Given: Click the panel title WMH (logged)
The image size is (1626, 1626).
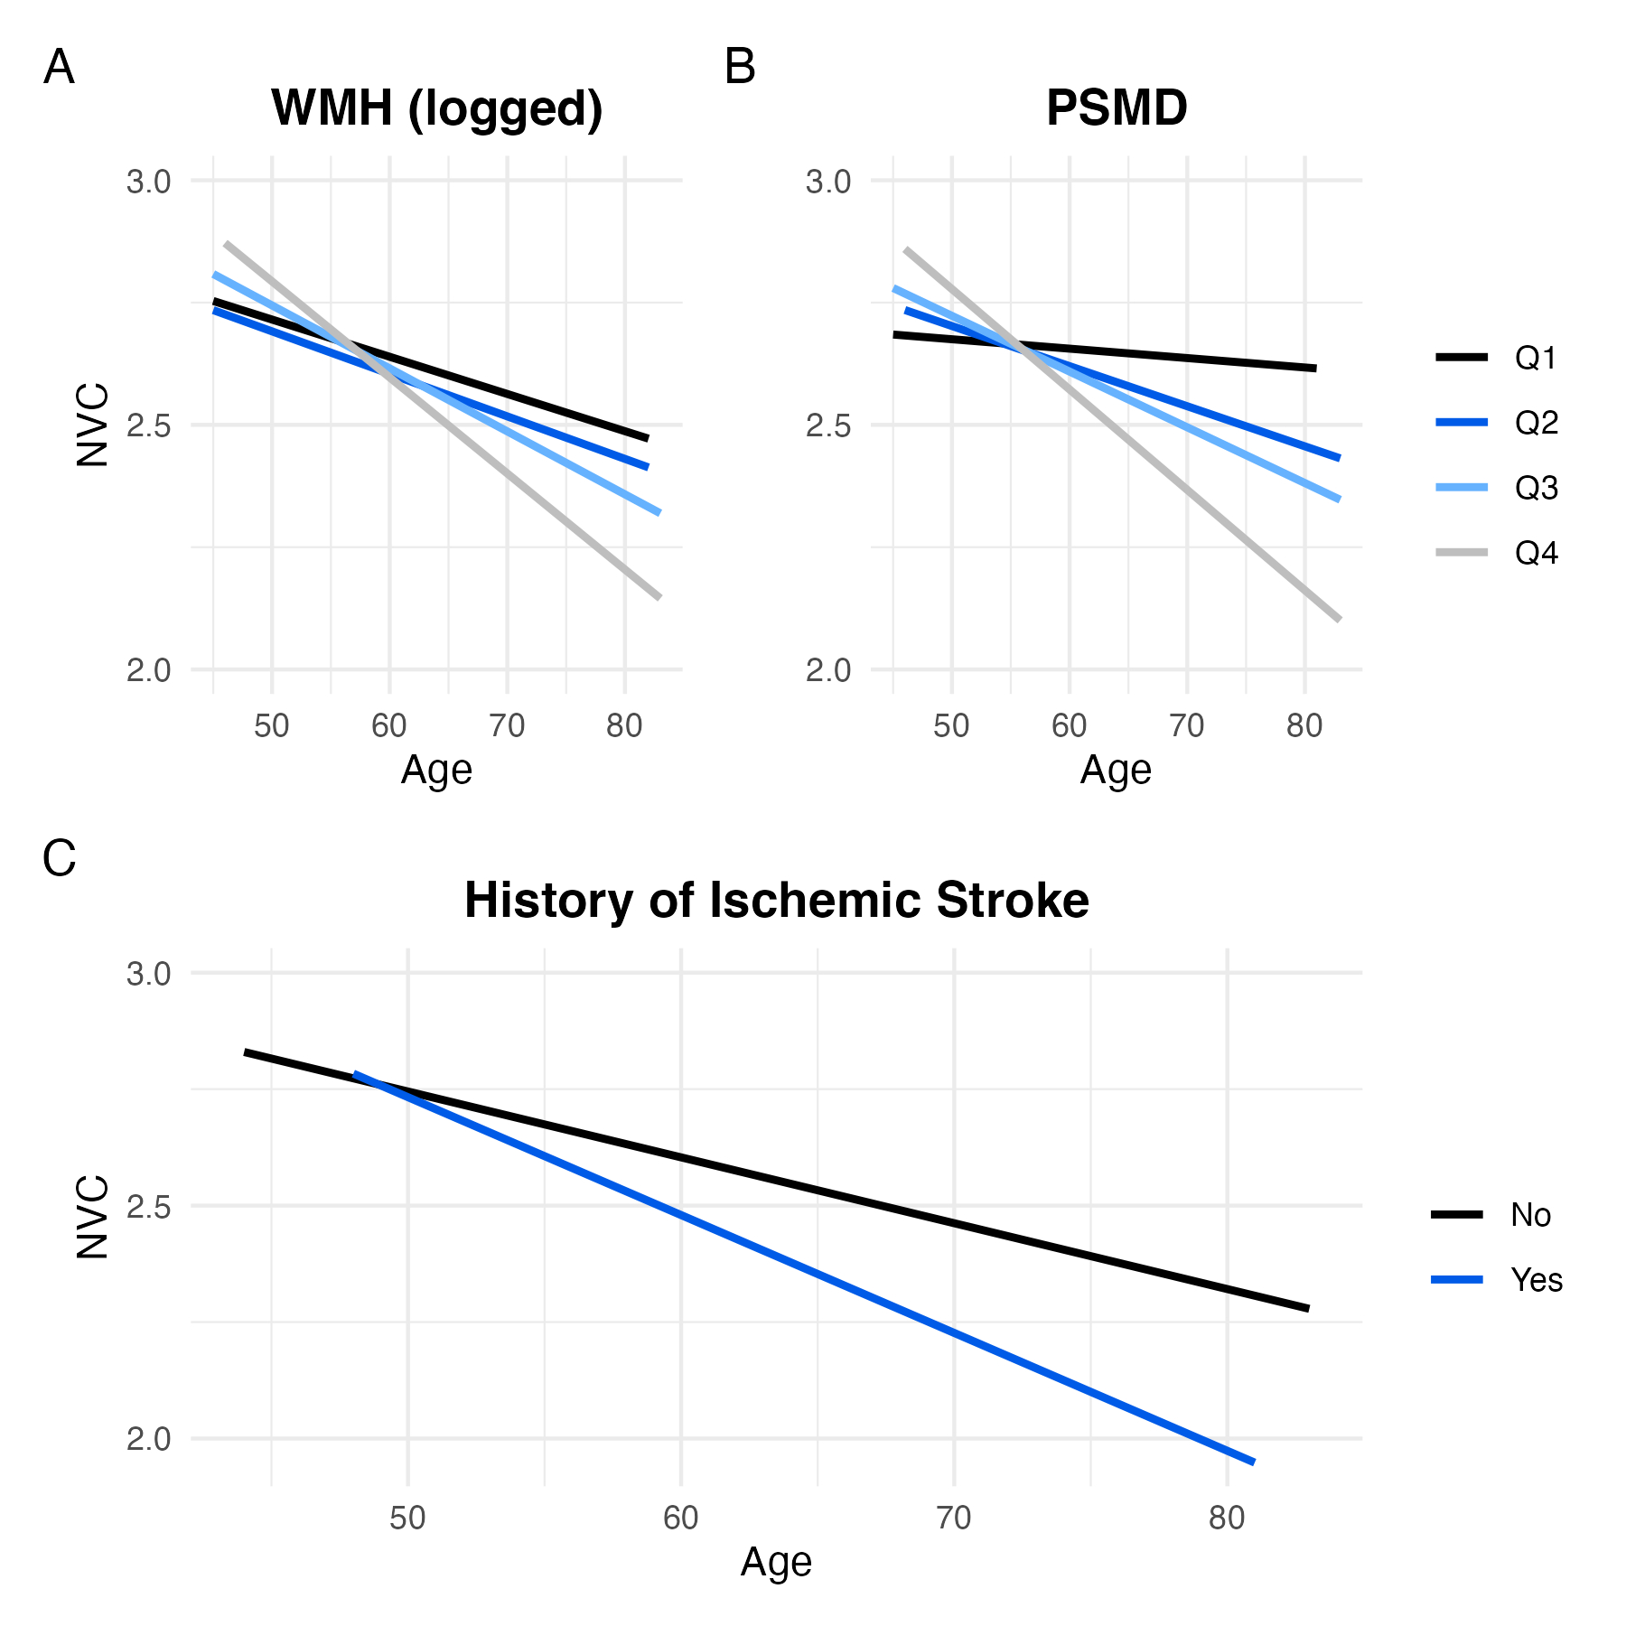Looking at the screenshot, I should pos(436,108).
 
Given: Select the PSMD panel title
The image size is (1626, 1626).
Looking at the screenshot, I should pos(1117,108).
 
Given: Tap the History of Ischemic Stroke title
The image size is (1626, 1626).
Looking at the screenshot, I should pos(776,901).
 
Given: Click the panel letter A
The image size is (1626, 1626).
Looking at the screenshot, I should pos(59,68).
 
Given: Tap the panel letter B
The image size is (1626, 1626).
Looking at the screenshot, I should pos(740,68).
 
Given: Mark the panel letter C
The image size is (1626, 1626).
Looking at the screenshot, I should pos(59,859).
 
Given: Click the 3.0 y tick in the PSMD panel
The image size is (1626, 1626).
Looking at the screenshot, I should pos(828,182).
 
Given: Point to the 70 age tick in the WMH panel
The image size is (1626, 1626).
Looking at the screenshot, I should pos(507,725).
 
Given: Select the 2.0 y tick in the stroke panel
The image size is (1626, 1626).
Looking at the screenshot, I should pos(148,1439).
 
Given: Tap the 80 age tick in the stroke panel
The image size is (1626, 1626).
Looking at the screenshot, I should pos(1227,1518).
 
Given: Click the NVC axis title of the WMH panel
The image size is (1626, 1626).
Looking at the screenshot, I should pos(93,425).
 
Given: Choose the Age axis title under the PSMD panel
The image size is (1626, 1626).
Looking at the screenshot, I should pos(1116,771).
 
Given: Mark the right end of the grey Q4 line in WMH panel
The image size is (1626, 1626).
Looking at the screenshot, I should pos(659,596).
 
